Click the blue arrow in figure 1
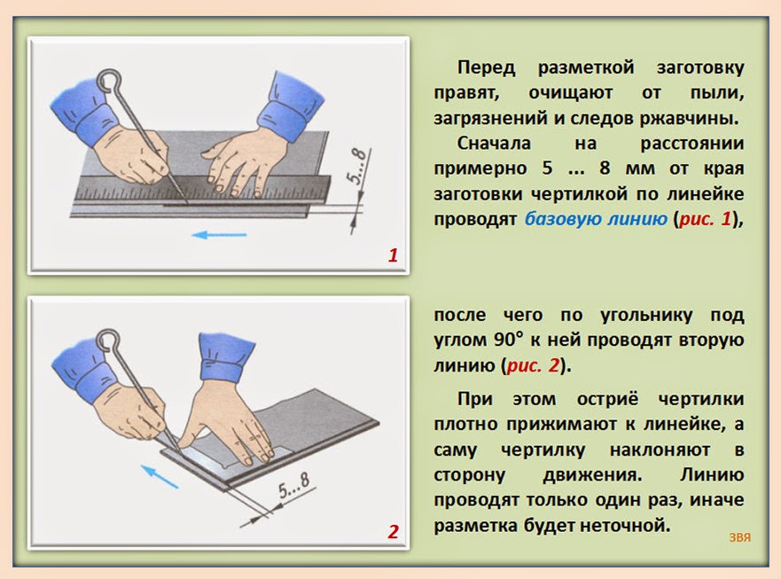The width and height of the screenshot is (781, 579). click(x=219, y=234)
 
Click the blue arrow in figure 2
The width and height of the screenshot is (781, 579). click(x=160, y=476)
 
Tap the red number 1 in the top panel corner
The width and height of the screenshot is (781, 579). click(x=393, y=255)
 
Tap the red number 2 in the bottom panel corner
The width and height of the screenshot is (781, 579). click(x=393, y=532)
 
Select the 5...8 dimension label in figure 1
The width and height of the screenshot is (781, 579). click(x=357, y=167)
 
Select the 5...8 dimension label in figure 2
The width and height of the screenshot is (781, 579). click(x=293, y=485)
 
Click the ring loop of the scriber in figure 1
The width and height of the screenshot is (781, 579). click(x=109, y=82)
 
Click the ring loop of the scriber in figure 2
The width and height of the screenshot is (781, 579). click(x=107, y=340)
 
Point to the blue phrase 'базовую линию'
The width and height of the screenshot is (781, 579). click(x=596, y=219)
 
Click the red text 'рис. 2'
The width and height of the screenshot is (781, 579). click(x=533, y=365)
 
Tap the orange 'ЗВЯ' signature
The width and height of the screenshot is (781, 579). click(x=739, y=537)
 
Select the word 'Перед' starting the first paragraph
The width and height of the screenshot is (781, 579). click(x=486, y=67)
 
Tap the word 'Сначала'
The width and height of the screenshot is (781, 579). click(x=494, y=144)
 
